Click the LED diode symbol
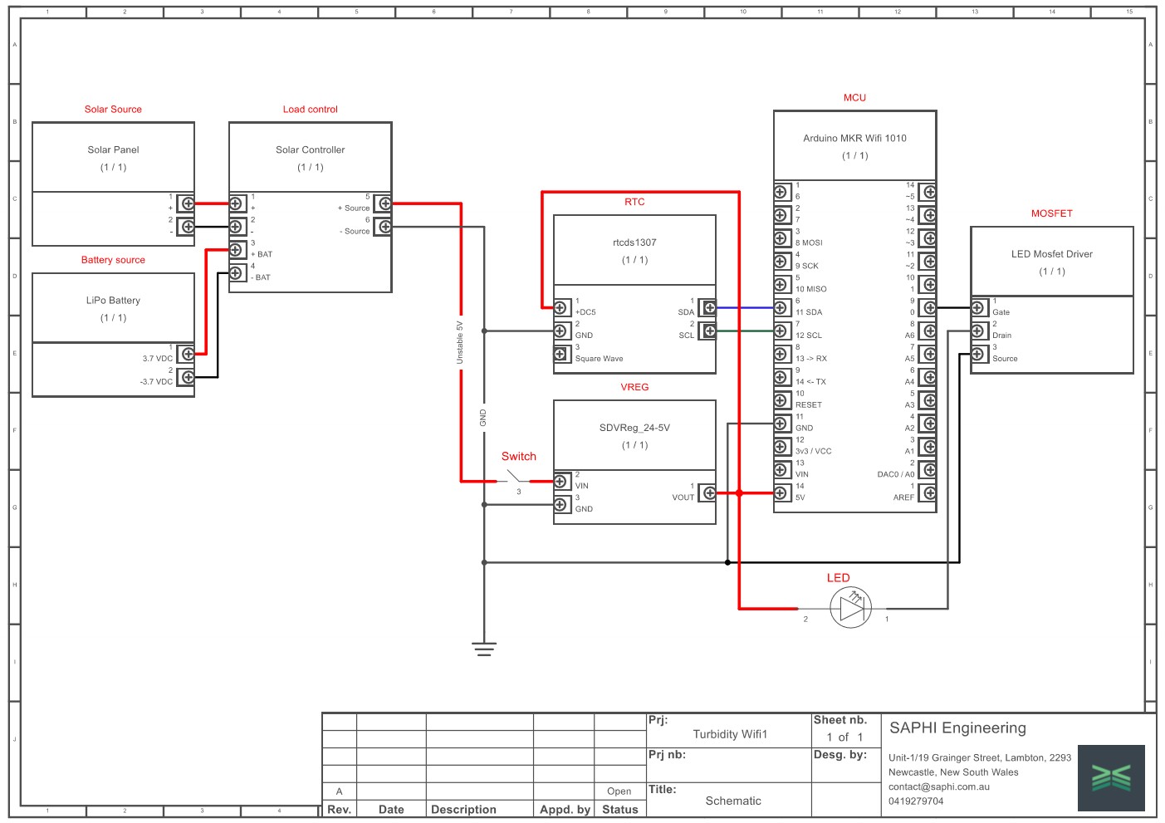[851, 609]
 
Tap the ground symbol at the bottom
[484, 648]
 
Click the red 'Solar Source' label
[113, 109]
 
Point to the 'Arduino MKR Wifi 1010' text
[854, 138]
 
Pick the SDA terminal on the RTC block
[708, 307]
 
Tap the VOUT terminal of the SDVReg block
[708, 493]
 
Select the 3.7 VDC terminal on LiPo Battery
[188, 354]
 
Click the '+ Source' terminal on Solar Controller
[383, 203]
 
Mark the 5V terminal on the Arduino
[781, 493]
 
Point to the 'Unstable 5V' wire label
[460, 342]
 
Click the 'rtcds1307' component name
[634, 242]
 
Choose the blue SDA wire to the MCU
[744, 307]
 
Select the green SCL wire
[744, 331]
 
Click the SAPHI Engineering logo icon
[1111, 777]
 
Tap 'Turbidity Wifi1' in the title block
[730, 734]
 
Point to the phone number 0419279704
[916, 801]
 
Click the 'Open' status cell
[619, 791]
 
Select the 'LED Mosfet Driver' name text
[1051, 254]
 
